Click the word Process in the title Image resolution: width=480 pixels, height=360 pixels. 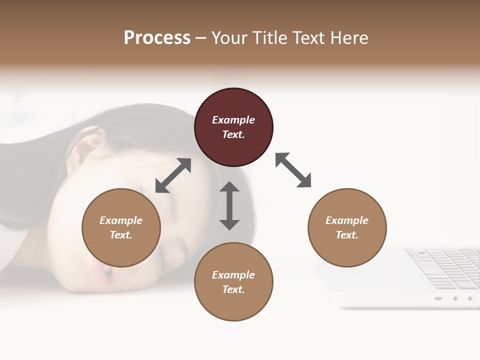click(x=157, y=38)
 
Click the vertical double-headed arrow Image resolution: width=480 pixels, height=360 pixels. click(x=229, y=205)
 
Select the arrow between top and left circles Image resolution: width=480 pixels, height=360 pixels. click(x=173, y=175)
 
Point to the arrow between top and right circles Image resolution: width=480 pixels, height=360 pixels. click(x=293, y=170)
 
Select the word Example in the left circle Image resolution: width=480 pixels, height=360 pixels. click(x=121, y=220)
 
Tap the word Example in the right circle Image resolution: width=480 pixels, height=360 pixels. click(x=347, y=220)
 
